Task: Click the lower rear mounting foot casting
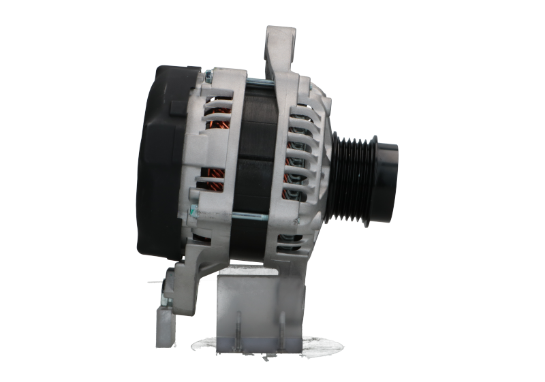pyautogui.click(x=187, y=286)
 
